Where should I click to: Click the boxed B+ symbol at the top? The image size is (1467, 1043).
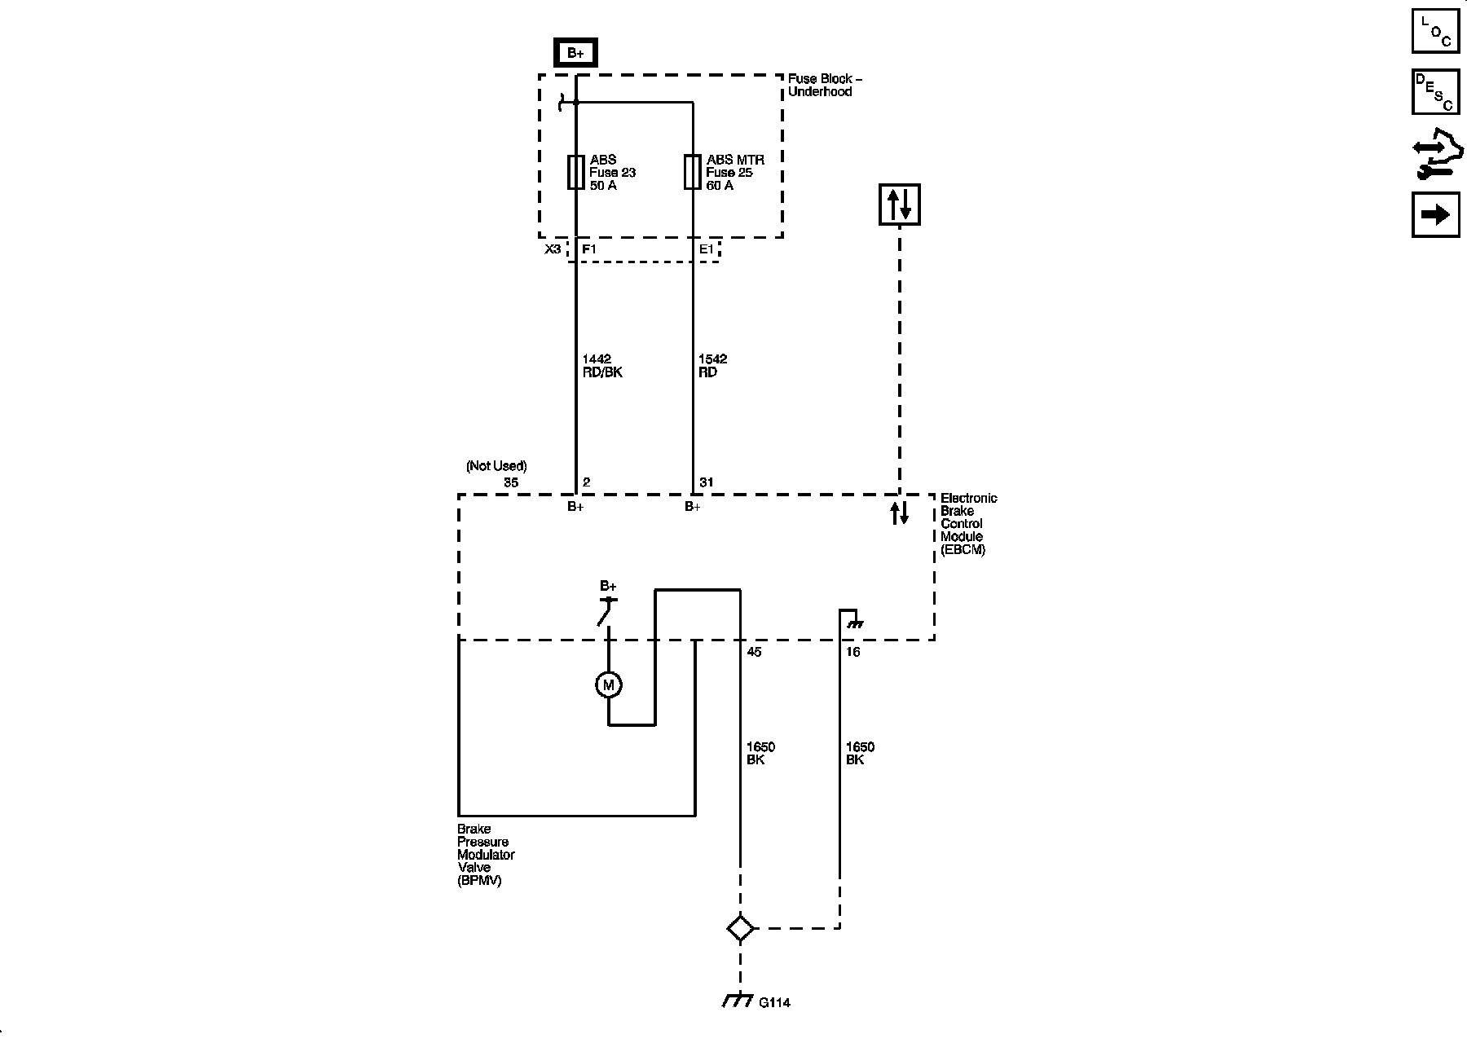coord(575,53)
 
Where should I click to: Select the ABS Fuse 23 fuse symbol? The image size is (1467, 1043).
coord(575,172)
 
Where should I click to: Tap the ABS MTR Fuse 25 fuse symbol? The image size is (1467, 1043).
coord(692,172)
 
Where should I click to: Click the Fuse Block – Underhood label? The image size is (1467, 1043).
coord(824,85)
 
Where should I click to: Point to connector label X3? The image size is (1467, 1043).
coord(553,249)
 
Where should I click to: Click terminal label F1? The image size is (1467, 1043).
coord(588,249)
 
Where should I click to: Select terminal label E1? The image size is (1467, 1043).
coord(706,249)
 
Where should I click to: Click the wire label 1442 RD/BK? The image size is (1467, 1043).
coord(602,365)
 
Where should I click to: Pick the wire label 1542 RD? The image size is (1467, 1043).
coord(712,365)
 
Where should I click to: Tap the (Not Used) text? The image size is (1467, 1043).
coord(496,466)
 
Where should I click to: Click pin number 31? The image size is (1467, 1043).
coord(706,482)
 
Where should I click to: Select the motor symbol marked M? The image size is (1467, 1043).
coord(608,685)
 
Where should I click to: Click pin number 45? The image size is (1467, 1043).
coord(754,652)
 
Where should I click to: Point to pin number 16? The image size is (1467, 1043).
coord(852,652)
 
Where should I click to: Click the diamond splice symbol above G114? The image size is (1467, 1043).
coord(740,928)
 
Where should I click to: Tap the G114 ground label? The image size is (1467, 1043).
coord(773,1002)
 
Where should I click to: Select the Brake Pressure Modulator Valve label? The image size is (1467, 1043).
coord(486,855)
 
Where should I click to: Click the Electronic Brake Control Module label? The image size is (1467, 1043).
coord(968,523)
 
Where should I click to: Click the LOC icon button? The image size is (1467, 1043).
coord(1435,31)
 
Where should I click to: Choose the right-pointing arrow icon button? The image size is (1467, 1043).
coord(1435,214)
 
